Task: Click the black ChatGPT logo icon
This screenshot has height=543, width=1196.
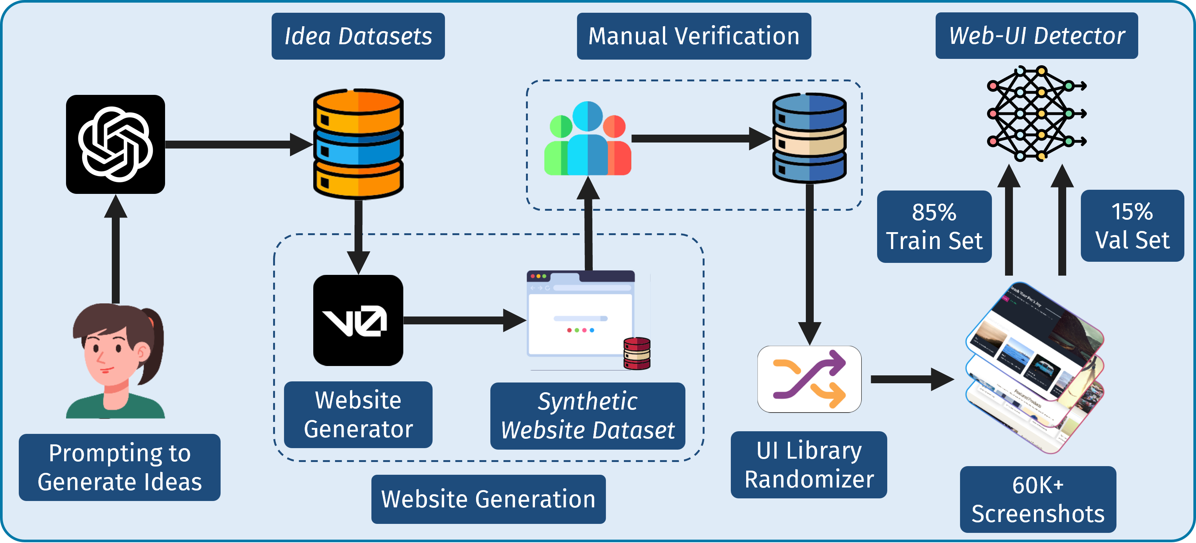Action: tap(115, 144)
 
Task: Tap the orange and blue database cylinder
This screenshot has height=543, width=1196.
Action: tap(358, 144)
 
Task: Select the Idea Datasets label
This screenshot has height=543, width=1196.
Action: tap(358, 36)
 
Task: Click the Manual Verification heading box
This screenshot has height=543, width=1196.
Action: tap(694, 36)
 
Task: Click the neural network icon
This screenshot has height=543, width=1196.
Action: tap(1035, 114)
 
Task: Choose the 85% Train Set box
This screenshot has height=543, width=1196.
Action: tap(934, 226)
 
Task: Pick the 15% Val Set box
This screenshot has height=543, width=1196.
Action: tap(1132, 226)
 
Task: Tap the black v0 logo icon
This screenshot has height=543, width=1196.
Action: tap(358, 320)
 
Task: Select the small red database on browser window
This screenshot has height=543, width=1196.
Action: tap(637, 354)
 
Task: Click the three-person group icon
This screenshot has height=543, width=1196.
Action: tap(587, 139)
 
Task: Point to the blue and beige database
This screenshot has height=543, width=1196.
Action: tap(809, 138)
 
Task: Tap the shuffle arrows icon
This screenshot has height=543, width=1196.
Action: tap(809, 379)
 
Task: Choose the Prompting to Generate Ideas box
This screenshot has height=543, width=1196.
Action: tap(119, 467)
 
